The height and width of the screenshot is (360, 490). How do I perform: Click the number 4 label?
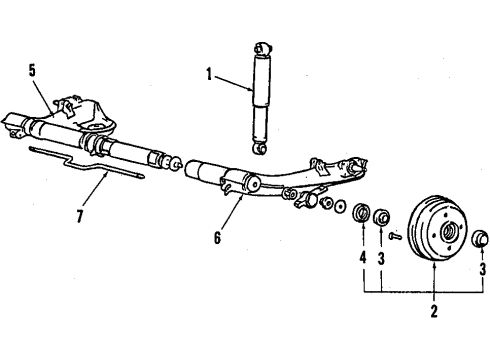tap(362, 267)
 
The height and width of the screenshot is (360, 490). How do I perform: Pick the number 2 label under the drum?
tap(434, 311)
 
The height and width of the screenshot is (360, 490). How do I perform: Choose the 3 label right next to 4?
tap(381, 267)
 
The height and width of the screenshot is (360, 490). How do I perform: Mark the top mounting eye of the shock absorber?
tap(265, 47)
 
